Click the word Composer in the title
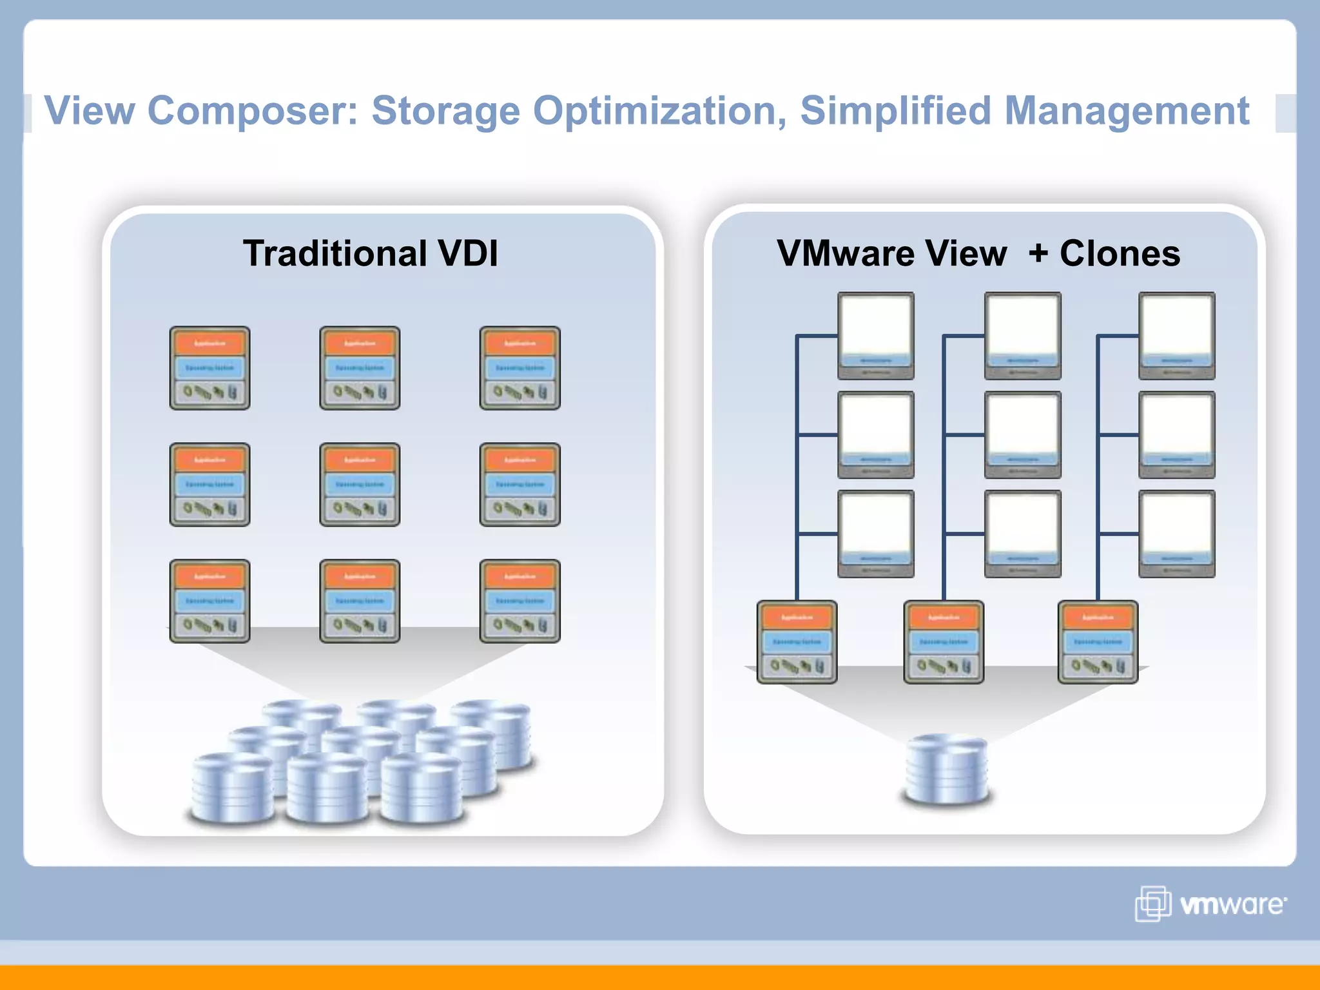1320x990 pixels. [x=251, y=111]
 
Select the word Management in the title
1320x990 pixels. [x=1127, y=111]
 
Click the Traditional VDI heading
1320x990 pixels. [x=370, y=253]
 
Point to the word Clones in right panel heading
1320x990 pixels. [x=1120, y=253]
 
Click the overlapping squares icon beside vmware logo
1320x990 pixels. [x=1152, y=904]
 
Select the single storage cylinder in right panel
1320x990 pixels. [x=946, y=770]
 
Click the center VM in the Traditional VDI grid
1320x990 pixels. [x=360, y=485]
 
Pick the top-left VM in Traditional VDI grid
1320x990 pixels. [x=209, y=368]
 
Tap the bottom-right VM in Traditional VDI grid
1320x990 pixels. [x=519, y=601]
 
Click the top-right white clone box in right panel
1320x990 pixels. [x=1176, y=335]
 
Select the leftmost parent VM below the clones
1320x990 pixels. [x=797, y=642]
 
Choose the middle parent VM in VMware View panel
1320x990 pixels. [x=944, y=642]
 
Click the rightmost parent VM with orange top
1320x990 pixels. [x=1098, y=642]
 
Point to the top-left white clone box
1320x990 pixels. [x=875, y=335]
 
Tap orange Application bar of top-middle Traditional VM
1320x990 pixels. [x=360, y=344]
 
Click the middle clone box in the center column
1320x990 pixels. [x=1022, y=434]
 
